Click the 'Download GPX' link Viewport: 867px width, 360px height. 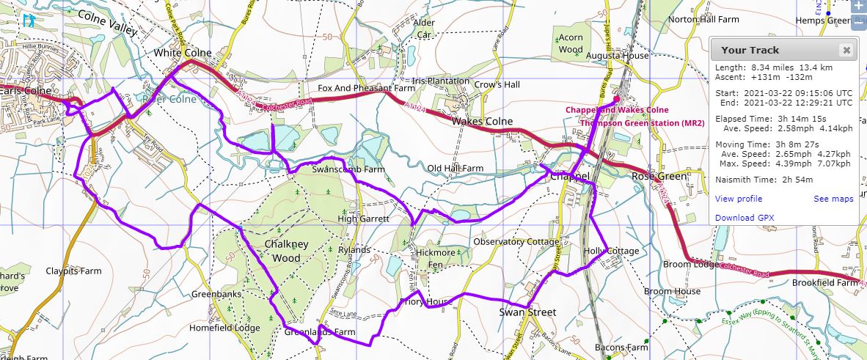(x=745, y=218)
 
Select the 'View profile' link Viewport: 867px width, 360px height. (x=739, y=199)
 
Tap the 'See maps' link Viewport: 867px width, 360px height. (x=833, y=199)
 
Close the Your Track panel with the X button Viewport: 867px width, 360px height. (x=846, y=51)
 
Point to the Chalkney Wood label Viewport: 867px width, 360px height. (x=286, y=250)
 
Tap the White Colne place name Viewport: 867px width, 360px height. (x=183, y=53)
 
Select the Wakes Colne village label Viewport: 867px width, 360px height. (x=482, y=121)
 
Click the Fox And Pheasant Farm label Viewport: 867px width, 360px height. (x=366, y=88)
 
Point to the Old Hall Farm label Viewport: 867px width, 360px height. (x=456, y=168)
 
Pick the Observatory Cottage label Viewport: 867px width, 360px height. (x=516, y=241)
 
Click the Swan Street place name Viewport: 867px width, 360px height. (x=527, y=312)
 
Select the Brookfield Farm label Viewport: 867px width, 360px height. (x=824, y=282)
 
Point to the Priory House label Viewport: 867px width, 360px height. (x=423, y=301)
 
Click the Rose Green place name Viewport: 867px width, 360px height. (x=659, y=177)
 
